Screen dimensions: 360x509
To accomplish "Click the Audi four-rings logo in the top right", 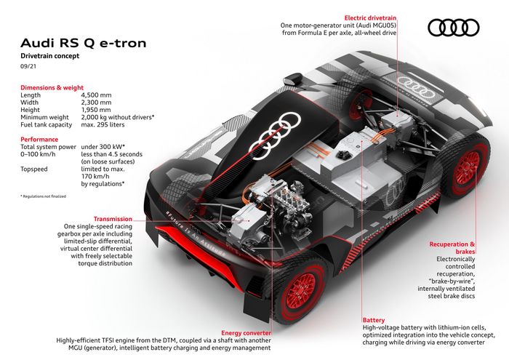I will pos(454,28).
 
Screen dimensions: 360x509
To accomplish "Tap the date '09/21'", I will pos(28,67).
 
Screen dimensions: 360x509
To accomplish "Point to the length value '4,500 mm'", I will pos(96,95).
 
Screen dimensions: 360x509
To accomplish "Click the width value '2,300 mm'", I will pos(96,102).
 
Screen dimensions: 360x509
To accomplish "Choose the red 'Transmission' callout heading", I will pos(112,218).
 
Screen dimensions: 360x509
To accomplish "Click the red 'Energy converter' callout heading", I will pos(247,332).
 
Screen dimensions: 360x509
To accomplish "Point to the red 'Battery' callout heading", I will pos(374,319).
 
